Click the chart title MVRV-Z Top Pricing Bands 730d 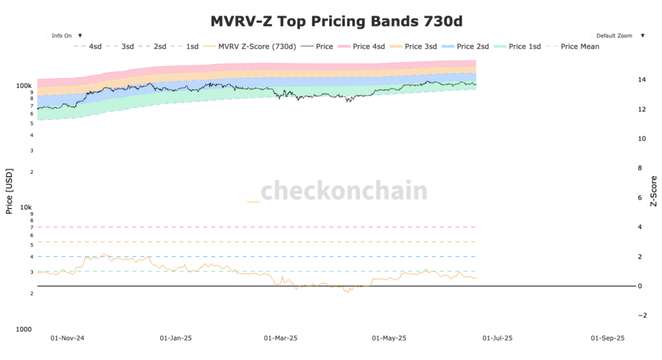tap(336, 21)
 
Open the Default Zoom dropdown tap(619, 36)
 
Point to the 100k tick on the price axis tap(25, 85)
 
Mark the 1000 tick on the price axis tap(25, 330)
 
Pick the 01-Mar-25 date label tap(281, 338)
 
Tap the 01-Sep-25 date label tap(608, 338)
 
